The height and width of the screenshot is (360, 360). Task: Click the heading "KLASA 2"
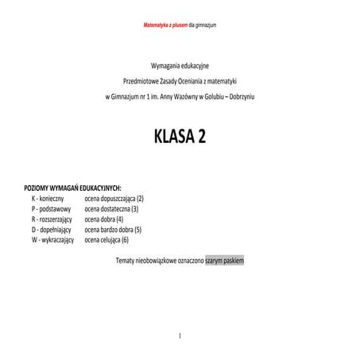[180, 137]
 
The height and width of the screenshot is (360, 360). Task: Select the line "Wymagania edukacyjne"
[180, 64]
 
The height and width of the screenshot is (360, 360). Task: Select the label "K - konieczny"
[49, 198]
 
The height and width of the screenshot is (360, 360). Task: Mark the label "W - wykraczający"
[52, 239]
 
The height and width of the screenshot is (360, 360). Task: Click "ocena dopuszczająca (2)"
[114, 198]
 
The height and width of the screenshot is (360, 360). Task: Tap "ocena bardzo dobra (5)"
[113, 229]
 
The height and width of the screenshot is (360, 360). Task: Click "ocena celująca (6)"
[106, 239]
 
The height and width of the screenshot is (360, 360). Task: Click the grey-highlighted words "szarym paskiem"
[224, 260]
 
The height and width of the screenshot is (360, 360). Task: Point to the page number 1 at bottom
[180, 335]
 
